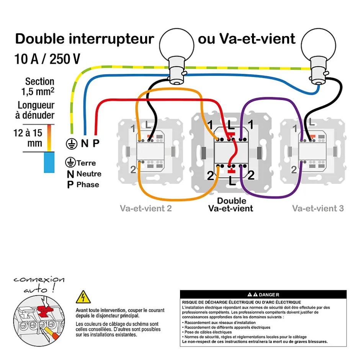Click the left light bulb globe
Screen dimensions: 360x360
pos(175,45)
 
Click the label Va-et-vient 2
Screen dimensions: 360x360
pos(146,209)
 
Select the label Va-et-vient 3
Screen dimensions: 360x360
pos(318,209)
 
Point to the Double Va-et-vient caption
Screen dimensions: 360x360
pos(231,205)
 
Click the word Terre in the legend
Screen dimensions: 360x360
pos(86,163)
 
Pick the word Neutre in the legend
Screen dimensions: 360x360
pos(89,174)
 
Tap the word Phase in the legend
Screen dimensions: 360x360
pos(88,185)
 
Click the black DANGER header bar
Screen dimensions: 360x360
pos(263,295)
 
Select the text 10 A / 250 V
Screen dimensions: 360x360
pos(47,59)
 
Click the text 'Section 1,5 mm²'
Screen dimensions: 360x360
pos(39,87)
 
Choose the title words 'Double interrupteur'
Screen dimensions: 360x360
pos(84,39)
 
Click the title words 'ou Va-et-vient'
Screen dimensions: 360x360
pos(247,39)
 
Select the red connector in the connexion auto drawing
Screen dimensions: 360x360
pos(45,312)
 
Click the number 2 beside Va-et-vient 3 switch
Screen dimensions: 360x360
pos(294,170)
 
